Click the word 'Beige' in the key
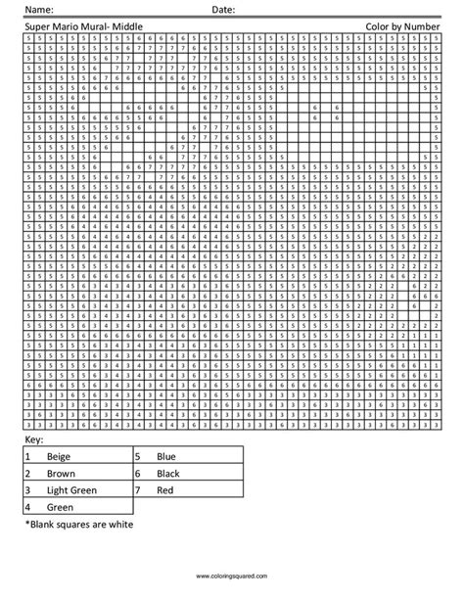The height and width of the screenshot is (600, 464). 60,457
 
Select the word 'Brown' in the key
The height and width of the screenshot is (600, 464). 62,473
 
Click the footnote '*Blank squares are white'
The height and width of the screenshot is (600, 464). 78,524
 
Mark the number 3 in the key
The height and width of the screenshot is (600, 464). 28,488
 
